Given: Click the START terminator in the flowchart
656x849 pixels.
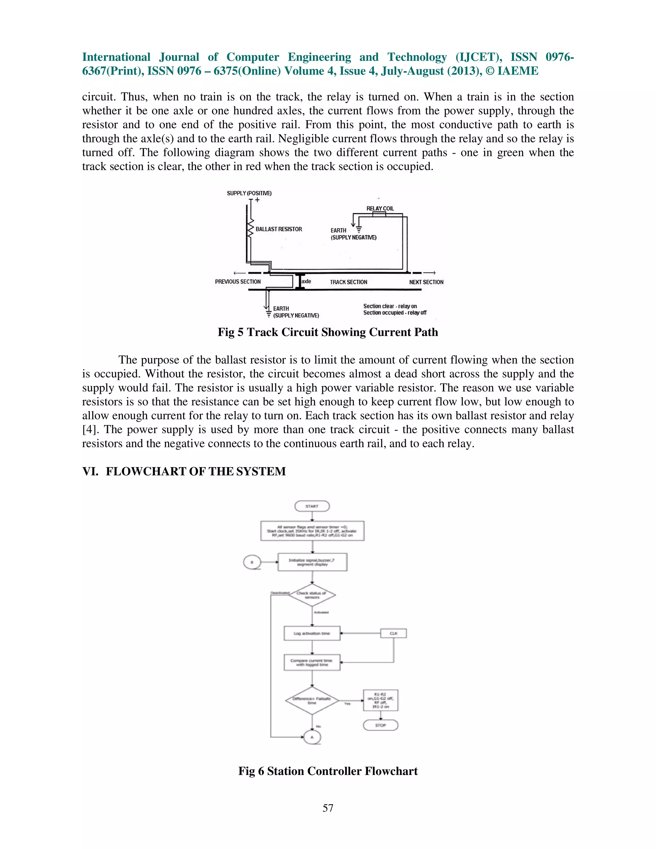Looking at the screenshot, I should [312, 506].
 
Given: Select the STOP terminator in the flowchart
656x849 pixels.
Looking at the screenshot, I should [381, 725].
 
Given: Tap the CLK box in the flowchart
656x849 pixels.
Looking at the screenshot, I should [393, 633].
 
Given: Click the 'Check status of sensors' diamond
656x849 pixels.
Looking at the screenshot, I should [312, 595].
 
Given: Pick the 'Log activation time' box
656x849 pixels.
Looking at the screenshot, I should [312, 633].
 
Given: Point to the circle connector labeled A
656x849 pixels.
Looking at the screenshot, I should [312, 737].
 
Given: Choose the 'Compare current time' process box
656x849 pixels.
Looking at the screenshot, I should [312, 663].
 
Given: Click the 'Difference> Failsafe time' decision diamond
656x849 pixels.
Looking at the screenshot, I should [312, 700].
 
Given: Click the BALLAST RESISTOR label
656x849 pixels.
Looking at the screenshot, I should [279, 229].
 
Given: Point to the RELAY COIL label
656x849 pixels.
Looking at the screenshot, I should [380, 209].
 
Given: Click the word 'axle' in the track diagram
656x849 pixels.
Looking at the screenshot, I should [307, 281].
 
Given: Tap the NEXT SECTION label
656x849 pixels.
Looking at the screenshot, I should [426, 282].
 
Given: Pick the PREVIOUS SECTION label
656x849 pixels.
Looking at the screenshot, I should [238, 282].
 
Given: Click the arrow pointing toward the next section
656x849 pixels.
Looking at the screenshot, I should [430, 273].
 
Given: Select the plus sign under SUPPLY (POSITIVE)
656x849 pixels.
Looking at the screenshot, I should [257, 200].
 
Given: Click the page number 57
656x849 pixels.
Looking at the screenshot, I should [328, 808].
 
